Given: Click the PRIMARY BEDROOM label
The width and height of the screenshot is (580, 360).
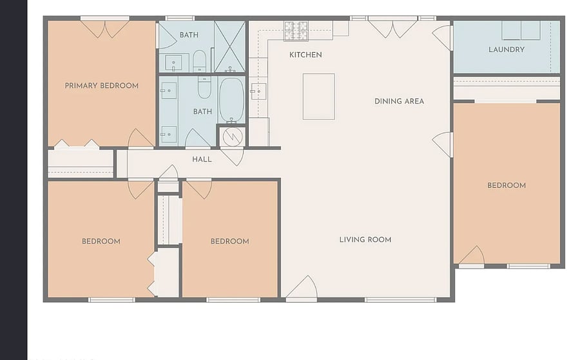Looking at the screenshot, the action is [102, 86].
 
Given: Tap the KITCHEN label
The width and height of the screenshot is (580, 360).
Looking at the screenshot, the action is [305, 55].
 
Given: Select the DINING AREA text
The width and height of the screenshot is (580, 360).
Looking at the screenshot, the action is [399, 101].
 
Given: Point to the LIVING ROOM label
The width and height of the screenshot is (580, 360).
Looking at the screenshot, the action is [365, 240].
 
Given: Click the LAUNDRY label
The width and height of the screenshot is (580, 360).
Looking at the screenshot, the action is [507, 50].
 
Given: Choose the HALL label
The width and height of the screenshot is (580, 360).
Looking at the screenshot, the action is [202, 159].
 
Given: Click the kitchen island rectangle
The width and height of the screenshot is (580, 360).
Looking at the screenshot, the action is [319, 97].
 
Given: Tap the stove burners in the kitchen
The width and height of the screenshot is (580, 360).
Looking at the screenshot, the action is [296, 31].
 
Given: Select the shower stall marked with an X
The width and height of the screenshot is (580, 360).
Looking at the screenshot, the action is [229, 46].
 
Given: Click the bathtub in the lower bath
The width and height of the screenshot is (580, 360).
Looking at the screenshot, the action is [231, 100].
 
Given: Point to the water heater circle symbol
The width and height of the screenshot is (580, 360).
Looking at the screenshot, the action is [232, 137].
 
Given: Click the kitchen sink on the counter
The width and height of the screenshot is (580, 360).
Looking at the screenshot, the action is [258, 91].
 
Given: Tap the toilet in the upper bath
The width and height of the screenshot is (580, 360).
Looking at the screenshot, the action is [199, 61].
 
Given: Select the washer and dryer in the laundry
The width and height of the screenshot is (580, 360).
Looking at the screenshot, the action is [521, 30].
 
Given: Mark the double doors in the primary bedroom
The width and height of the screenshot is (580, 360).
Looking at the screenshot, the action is [105, 29].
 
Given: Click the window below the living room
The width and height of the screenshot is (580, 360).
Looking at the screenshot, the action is [400, 299].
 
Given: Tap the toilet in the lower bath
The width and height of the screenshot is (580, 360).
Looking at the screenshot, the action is [204, 88].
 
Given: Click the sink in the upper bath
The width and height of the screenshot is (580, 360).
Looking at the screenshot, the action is [173, 63].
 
